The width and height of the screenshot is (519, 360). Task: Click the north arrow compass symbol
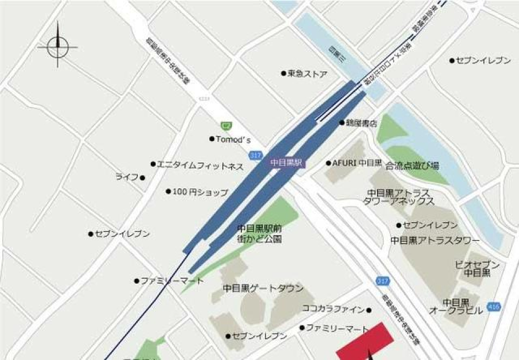(58, 46)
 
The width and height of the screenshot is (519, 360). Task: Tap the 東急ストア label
(307, 74)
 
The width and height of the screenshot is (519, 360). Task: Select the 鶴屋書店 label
(362, 123)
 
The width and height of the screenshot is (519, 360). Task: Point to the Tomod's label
(233, 139)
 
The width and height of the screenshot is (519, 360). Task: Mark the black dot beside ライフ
(143, 178)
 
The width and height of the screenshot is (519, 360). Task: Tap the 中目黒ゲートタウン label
(263, 289)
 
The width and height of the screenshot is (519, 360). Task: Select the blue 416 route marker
(493, 306)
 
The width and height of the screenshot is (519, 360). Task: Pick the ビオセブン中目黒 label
(477, 269)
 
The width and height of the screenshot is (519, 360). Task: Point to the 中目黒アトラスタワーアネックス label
(399, 197)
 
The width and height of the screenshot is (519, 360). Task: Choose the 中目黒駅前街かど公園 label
(259, 233)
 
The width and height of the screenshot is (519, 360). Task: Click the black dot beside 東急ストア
(283, 74)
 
